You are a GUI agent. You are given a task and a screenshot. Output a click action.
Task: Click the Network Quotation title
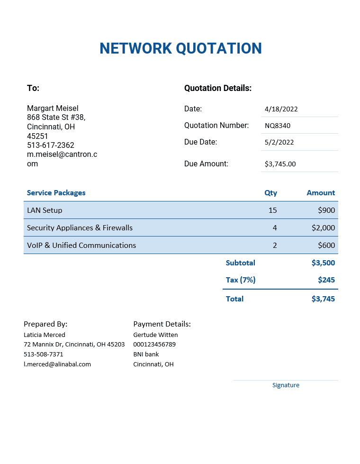180,48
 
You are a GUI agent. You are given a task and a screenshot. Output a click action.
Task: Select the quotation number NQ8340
278,126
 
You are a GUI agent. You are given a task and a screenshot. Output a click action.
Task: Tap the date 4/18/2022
281,109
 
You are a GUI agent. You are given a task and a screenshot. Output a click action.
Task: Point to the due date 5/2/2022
279,142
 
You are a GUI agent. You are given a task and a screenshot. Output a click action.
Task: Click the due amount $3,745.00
280,164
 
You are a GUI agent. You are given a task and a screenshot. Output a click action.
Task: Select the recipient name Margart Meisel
53,108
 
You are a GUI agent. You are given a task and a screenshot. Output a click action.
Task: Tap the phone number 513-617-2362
51,145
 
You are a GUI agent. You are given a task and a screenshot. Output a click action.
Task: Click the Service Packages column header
56,193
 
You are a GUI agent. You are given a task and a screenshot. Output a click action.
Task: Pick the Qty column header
270,193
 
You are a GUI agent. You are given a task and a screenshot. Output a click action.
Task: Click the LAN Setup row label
45,210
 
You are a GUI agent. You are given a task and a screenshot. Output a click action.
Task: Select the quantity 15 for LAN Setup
272,210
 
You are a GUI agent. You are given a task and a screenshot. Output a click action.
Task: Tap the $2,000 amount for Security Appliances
323,227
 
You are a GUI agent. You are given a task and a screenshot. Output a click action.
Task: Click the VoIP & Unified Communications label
81,245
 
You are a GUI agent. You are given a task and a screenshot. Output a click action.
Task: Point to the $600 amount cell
326,245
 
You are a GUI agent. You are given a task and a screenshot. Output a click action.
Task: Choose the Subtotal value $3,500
323,263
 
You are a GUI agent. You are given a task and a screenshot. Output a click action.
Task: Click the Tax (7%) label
241,280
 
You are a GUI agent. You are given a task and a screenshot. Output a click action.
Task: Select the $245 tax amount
326,280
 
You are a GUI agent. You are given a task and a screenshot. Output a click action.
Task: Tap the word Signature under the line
286,385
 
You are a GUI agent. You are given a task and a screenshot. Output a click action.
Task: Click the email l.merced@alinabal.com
57,364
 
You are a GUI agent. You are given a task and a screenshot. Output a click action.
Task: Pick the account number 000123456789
154,344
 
